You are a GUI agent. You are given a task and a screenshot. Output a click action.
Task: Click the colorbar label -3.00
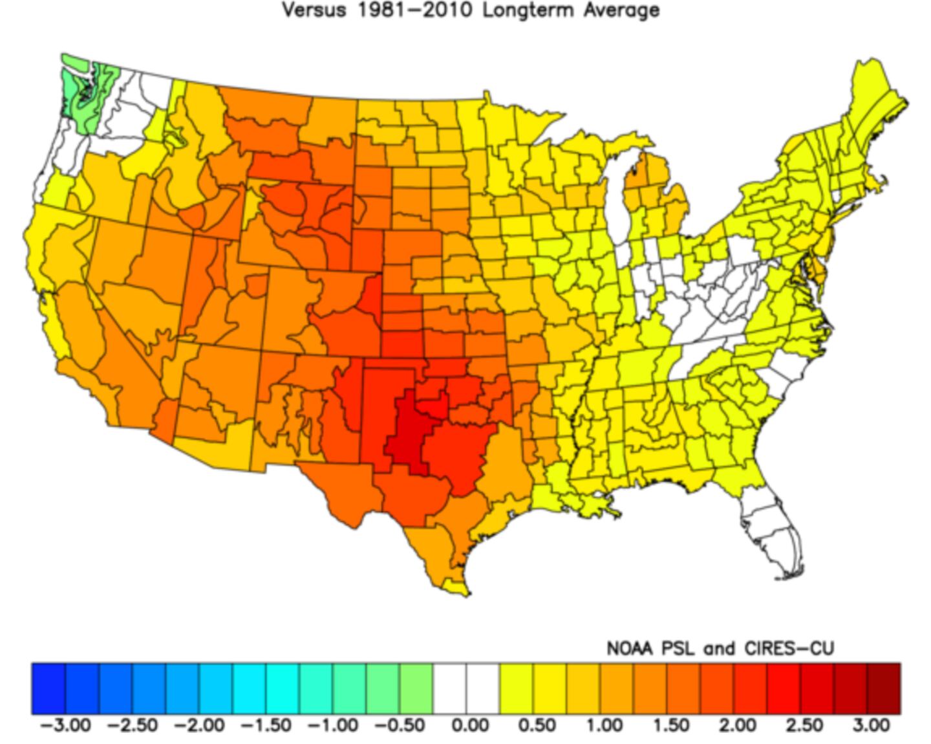point(65,725)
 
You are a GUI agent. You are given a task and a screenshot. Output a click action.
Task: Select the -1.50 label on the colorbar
point(266,725)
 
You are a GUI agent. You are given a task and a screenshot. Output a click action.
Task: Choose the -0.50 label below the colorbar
point(400,725)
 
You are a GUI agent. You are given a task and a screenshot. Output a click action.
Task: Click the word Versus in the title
point(314,10)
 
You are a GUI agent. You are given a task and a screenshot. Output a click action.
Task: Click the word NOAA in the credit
point(630,648)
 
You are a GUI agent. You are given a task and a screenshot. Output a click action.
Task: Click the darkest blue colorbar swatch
point(48,688)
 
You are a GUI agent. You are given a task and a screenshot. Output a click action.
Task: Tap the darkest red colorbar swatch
point(883,688)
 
